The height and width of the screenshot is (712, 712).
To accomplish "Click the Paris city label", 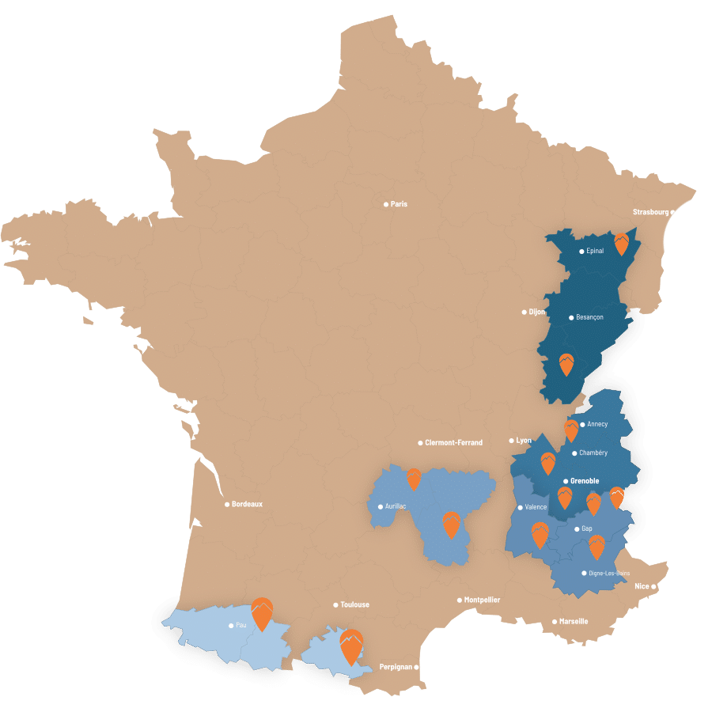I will pyautogui.click(x=399, y=204).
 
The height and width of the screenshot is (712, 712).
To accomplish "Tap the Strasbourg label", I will pyautogui.click(x=651, y=212).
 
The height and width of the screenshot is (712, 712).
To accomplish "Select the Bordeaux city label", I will pyautogui.click(x=247, y=504).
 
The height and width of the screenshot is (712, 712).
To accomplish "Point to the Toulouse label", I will pyautogui.click(x=354, y=604).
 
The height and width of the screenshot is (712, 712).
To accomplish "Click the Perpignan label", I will pyautogui.click(x=396, y=667).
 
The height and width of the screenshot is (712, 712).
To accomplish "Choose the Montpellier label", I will pyautogui.click(x=482, y=600).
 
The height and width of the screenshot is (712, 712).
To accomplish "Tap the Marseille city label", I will pyautogui.click(x=573, y=621).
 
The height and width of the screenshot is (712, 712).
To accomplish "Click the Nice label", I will pyautogui.click(x=642, y=586).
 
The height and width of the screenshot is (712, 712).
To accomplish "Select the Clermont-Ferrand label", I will pyautogui.click(x=453, y=442).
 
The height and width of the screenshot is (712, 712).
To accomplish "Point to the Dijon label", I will pyautogui.click(x=537, y=312).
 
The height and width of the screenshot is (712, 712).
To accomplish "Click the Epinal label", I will pyautogui.click(x=595, y=251).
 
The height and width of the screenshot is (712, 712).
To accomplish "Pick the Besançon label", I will pyautogui.click(x=589, y=317).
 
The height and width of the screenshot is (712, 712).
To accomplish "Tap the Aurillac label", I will pyautogui.click(x=396, y=506).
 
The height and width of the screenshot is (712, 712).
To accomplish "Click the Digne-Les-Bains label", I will pyautogui.click(x=609, y=573).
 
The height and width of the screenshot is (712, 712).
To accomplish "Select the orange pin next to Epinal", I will pyautogui.click(x=622, y=244).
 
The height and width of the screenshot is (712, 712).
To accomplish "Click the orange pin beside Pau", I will pyautogui.click(x=261, y=613).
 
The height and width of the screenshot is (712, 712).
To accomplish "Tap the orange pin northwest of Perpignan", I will pyautogui.click(x=350, y=646).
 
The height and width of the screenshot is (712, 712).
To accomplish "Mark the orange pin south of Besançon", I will pyautogui.click(x=566, y=364).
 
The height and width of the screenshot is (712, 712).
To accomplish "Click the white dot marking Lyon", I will pyautogui.click(x=512, y=441).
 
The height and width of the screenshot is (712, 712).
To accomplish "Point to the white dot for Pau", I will pyautogui.click(x=231, y=626).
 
